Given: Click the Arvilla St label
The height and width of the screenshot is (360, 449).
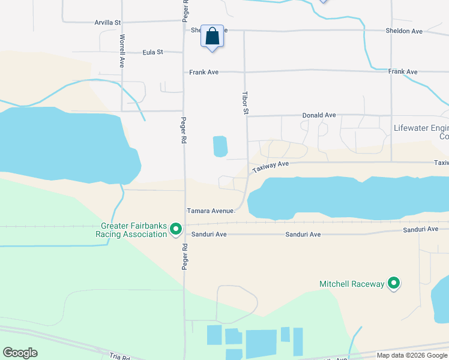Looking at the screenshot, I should tap(107, 22).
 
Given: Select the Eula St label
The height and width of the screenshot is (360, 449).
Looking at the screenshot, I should tap(153, 53).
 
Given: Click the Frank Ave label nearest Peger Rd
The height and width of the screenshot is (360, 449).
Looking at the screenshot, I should tap(204, 72).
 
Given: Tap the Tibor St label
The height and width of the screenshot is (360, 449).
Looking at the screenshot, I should tap(245, 103).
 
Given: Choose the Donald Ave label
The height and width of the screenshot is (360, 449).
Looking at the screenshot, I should tap(319, 115).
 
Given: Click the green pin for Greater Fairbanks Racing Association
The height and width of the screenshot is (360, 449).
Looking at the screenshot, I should tap(176, 229).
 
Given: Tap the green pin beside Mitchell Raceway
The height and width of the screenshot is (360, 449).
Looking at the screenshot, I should tap(394, 283).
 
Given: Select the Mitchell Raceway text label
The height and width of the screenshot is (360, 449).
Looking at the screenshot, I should tap(352, 284).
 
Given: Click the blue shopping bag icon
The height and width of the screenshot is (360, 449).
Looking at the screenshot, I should tap(212, 37).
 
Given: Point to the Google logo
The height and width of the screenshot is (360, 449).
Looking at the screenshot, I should tap(20, 353).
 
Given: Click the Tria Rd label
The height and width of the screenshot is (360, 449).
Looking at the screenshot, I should tap(120, 356).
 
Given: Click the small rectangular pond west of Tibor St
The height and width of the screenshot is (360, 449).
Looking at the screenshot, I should tap(220, 146).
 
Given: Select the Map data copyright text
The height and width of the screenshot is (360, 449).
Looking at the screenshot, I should tap(412, 355).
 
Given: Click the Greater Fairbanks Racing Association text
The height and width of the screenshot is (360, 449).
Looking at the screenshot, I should tap(133, 230).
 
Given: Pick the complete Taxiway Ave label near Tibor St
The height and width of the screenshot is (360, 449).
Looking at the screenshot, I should tap(271, 166).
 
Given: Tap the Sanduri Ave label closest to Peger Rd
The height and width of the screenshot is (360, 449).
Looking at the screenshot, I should tap(209, 234).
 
